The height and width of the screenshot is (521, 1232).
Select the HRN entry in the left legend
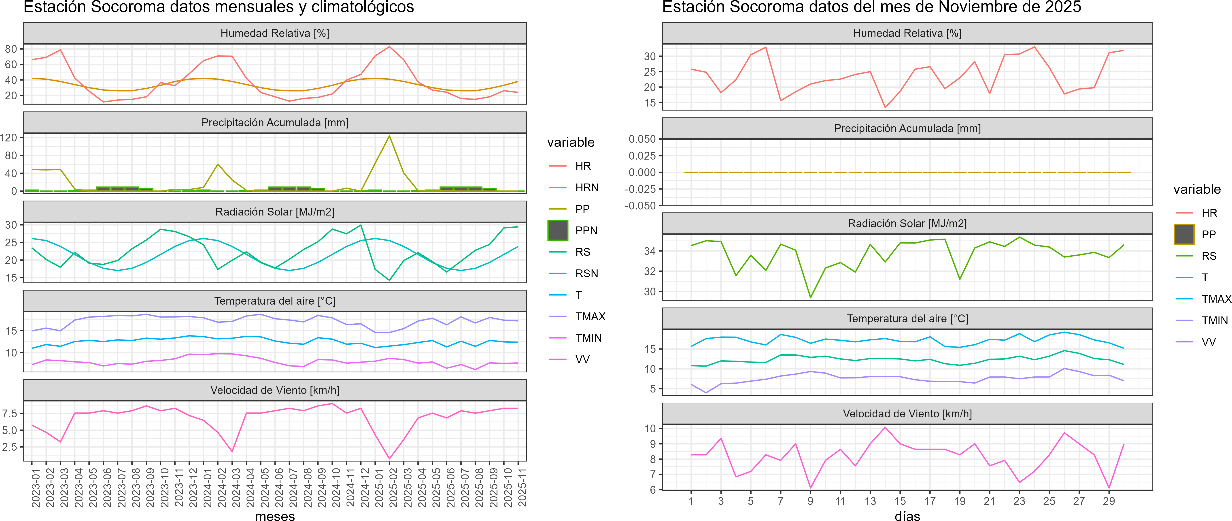click(586, 188)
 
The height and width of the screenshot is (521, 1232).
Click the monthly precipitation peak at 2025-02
click(389, 136)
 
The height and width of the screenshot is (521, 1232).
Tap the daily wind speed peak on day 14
click(885, 427)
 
